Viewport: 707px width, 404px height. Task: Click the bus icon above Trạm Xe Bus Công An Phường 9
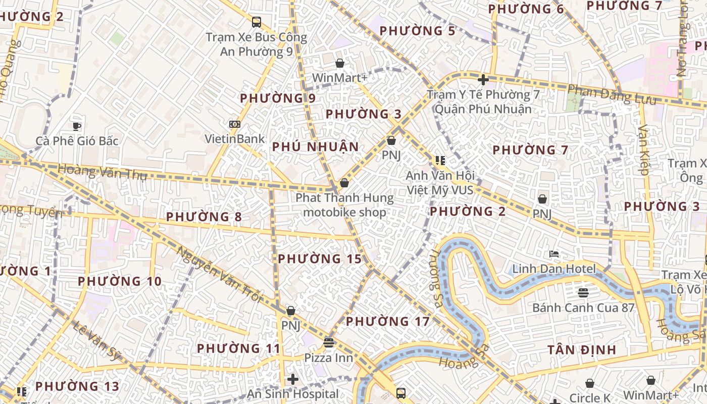pos(257,22)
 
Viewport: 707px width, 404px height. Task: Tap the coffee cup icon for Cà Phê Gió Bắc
pos(77,126)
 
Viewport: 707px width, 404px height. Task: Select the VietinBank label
pos(234,139)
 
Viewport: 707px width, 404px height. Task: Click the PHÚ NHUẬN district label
pos(316,147)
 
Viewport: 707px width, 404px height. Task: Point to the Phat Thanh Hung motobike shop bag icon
pos(344,183)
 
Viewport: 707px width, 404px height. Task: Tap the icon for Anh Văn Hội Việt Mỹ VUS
pos(440,161)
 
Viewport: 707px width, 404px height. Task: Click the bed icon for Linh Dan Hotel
pos(554,254)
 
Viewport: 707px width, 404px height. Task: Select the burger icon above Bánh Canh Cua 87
pos(583,293)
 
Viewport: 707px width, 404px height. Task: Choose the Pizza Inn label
pos(328,358)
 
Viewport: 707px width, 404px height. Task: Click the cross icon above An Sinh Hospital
pos(293,379)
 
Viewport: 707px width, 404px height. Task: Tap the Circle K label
pos(590,398)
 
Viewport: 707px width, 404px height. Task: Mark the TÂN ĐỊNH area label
pos(582,349)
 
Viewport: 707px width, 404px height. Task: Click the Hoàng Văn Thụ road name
pos(102,172)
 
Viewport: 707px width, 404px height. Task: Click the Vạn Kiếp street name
pos(643,150)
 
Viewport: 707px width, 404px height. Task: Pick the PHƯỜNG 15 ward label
pos(320,259)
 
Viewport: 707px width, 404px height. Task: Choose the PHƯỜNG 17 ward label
pos(387,321)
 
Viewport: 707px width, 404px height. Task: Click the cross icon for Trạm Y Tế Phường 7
pos(483,80)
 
